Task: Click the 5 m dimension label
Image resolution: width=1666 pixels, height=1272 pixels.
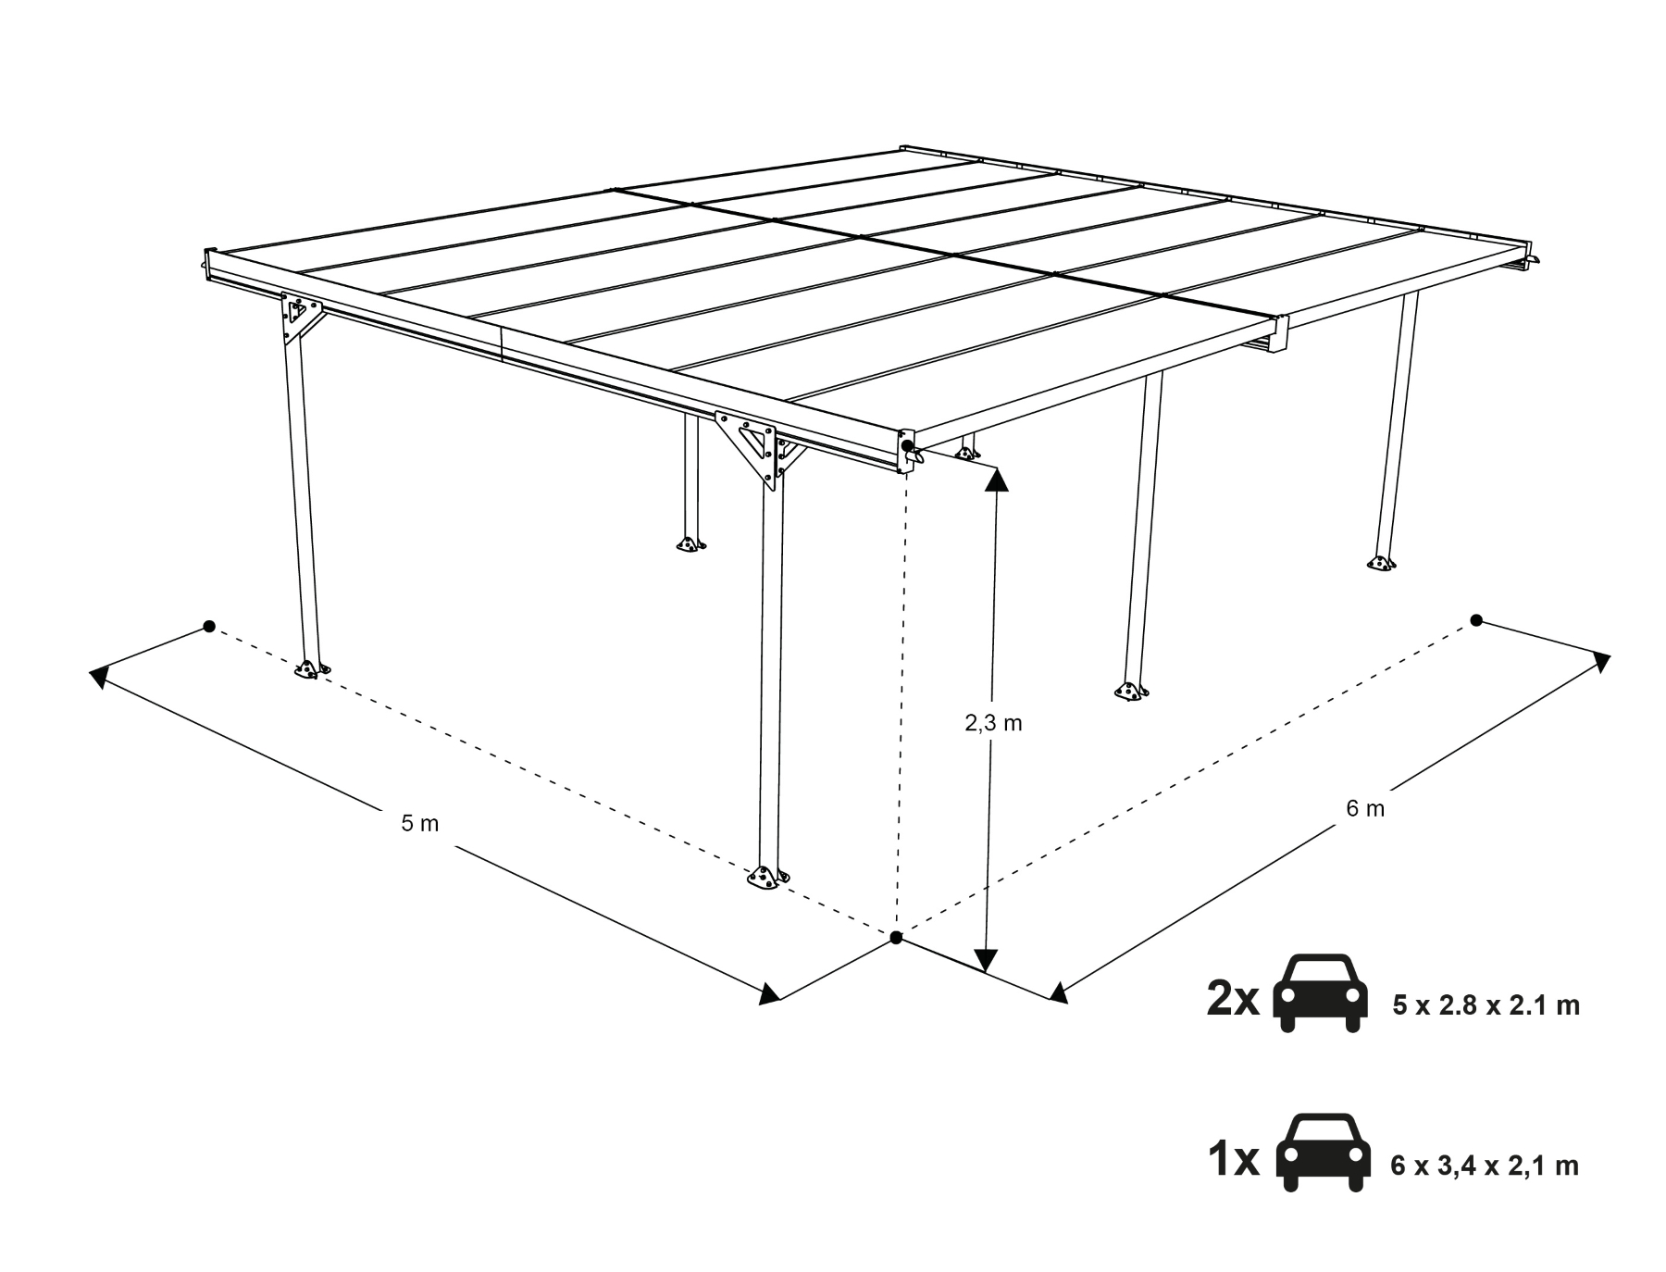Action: pos(420,822)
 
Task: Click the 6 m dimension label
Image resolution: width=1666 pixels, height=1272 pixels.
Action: pos(1365,808)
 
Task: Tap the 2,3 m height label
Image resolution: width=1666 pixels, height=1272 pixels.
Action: pos(993,723)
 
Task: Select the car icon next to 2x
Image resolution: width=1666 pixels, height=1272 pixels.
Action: pos(1321,992)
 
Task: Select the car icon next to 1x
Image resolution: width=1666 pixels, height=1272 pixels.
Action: pos(1322,1153)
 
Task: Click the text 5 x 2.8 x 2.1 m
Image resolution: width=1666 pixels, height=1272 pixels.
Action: pos(1486,1005)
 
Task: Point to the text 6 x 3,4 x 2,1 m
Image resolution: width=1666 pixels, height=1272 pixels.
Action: pos(1485,1166)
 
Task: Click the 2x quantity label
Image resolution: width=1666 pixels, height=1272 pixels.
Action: pos(1233,999)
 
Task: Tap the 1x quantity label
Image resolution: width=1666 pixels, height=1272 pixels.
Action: pos(1234,1159)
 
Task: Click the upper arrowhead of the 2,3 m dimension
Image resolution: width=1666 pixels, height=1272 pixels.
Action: pos(997,478)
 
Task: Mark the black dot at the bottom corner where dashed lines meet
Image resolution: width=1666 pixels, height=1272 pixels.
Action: pos(896,938)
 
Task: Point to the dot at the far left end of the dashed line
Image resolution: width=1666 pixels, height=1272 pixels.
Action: pos(209,627)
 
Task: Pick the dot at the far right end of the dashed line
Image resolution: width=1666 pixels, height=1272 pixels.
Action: pos(1476,620)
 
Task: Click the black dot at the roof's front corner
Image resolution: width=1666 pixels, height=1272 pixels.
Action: pos(907,446)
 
